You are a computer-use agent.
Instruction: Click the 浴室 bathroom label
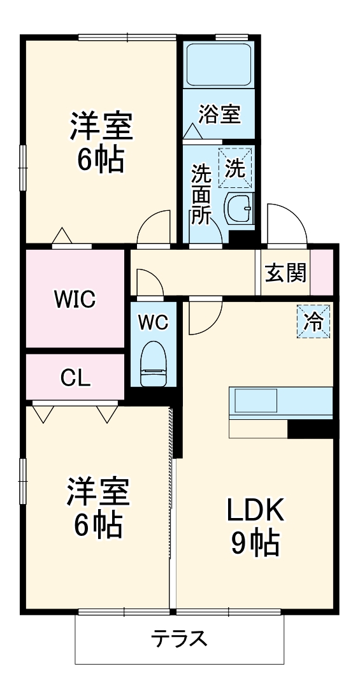(219, 115)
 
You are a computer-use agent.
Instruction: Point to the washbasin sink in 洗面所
(240, 207)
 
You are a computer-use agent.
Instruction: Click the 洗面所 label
(201, 194)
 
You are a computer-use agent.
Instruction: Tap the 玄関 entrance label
(286, 273)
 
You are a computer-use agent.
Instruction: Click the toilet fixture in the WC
(153, 364)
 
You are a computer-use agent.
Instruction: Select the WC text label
(153, 323)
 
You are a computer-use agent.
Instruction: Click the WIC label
(75, 298)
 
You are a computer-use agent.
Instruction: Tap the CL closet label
(75, 378)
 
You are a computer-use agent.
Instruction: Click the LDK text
(255, 510)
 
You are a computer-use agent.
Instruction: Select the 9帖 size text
(255, 544)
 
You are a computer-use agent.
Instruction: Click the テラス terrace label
(179, 638)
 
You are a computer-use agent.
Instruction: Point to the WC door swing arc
(147, 281)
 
